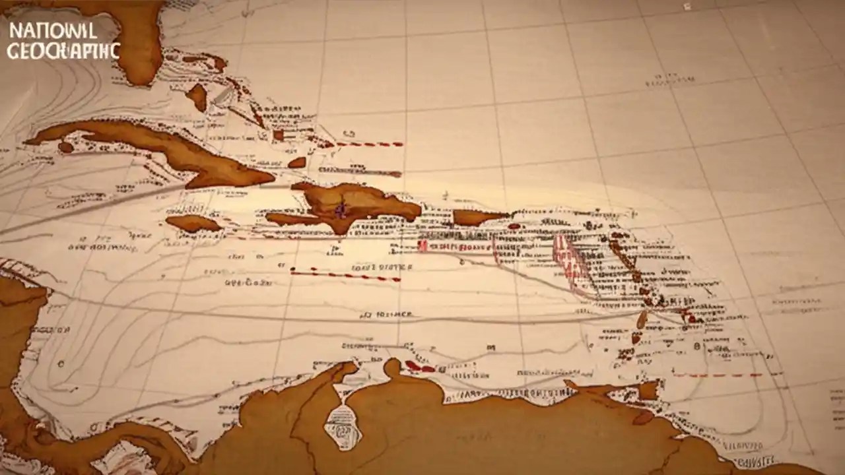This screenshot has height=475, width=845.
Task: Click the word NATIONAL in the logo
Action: point(53,30)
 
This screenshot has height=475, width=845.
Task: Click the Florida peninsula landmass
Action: point(135,46)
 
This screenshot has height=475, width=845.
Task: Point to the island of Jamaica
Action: point(192,223)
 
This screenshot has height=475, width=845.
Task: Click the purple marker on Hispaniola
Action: point(341,210)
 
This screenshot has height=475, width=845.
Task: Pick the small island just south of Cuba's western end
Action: point(65,147)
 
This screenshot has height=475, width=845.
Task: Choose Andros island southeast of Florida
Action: point(197,97)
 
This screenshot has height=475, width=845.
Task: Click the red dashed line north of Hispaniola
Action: point(370,144)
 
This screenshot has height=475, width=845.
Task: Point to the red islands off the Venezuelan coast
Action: point(420,367)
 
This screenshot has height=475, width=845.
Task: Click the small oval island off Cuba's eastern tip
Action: point(297,162)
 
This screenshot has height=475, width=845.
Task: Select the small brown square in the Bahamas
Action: point(279,135)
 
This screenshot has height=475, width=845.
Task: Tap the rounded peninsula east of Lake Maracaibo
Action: point(393,367)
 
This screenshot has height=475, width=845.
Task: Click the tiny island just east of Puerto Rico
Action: point(514,226)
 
